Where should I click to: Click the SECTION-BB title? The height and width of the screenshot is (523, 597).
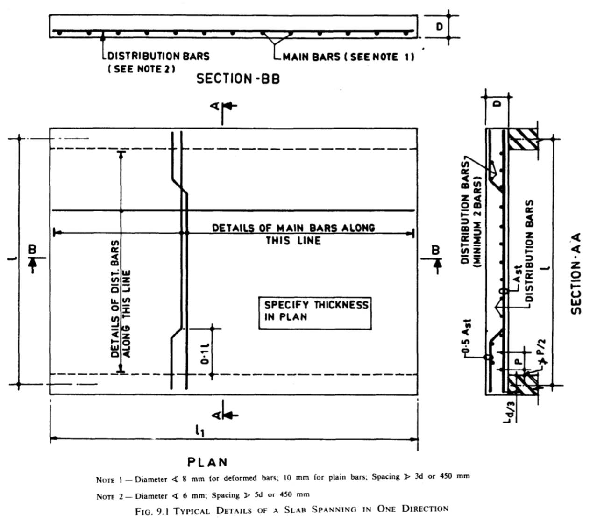tap(238, 79)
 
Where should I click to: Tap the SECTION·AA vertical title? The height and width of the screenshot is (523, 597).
tap(576, 273)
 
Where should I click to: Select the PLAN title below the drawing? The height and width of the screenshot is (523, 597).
tap(207, 462)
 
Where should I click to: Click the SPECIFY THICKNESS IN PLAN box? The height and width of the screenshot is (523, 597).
tap(315, 314)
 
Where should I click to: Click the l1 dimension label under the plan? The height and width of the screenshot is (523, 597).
tap(199, 430)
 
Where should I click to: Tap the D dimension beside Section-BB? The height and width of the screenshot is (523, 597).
tap(439, 27)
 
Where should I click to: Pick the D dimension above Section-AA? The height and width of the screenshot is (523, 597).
tap(498, 104)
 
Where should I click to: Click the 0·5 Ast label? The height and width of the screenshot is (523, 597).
tap(467, 336)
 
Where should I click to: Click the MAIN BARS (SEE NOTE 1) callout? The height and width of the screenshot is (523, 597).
tap(348, 57)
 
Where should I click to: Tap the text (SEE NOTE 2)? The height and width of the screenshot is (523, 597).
tap(142, 69)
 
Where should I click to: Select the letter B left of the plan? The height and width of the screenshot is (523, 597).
tap(32, 250)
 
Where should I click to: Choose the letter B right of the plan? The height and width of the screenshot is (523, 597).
tap(435, 250)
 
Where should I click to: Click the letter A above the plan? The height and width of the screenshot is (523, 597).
tap(215, 106)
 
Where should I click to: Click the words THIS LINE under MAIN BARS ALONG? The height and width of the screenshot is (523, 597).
tap(293, 241)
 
